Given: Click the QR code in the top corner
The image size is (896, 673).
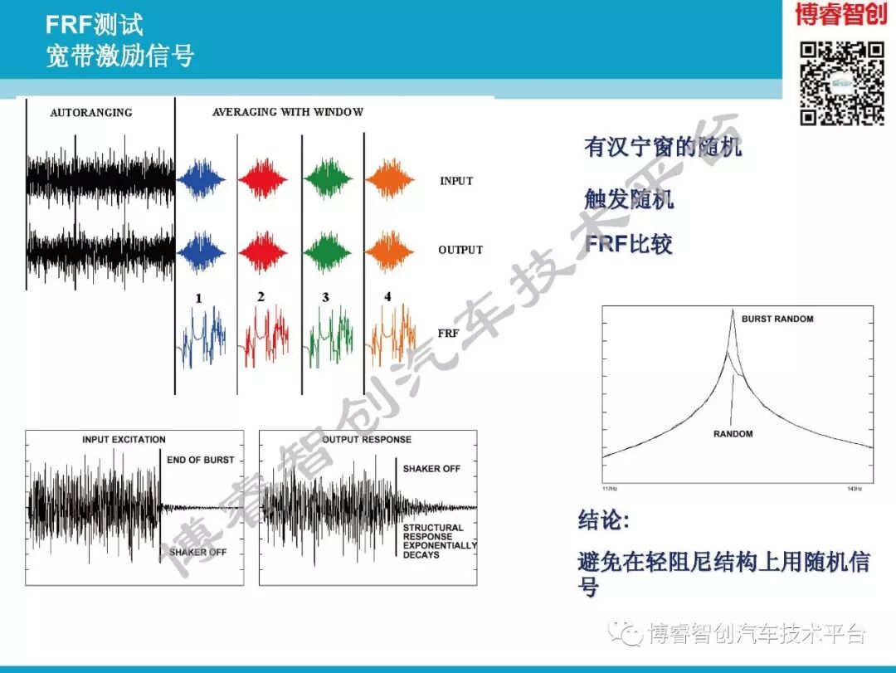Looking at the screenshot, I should pyautogui.click(x=841, y=83).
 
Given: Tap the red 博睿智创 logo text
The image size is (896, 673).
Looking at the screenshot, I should pyautogui.click(x=840, y=15).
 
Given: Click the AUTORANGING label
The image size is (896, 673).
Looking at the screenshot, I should pyautogui.click(x=90, y=113).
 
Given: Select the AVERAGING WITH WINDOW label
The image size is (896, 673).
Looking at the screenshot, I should pyautogui.click(x=287, y=112).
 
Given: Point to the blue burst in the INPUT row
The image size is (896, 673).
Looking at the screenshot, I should pyautogui.click(x=201, y=180).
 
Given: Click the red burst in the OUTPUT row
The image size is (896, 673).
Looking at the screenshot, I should pyautogui.click(x=263, y=249).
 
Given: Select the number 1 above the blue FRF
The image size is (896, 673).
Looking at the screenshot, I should pyautogui.click(x=198, y=298).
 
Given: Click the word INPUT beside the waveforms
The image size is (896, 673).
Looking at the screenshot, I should pyautogui.click(x=456, y=181).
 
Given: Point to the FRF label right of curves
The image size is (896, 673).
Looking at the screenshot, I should pyautogui.click(x=448, y=333).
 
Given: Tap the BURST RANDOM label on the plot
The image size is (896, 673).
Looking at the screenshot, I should pyautogui.click(x=777, y=319).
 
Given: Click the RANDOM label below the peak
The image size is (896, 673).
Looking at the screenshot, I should pyautogui.click(x=733, y=434).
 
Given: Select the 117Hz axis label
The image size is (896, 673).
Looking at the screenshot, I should pyautogui.click(x=611, y=488).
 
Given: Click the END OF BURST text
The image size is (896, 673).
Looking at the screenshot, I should pyautogui.click(x=200, y=460).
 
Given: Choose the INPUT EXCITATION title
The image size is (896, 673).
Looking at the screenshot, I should pyautogui.click(x=124, y=440).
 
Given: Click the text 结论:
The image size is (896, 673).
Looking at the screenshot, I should pyautogui.click(x=603, y=521).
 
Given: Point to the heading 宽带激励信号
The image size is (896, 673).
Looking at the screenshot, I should pyautogui.click(x=120, y=56).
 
